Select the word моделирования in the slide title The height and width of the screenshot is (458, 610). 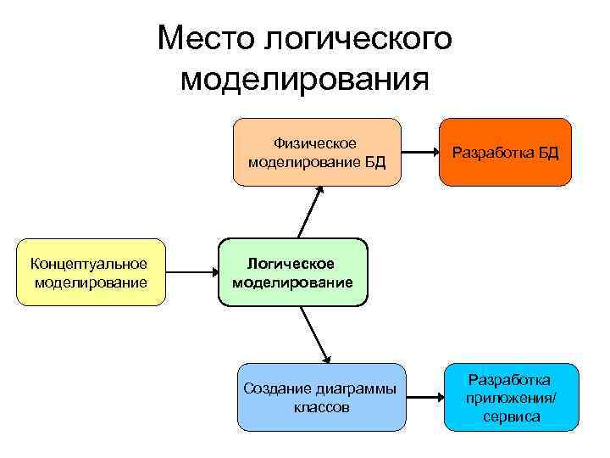click(305, 80)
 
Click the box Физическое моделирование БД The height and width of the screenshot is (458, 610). click(317, 152)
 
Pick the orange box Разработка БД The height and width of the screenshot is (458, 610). click(506, 153)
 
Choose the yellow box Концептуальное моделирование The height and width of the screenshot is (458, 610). click(91, 272)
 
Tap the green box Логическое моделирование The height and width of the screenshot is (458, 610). click(293, 272)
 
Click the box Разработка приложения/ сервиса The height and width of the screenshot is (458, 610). click(512, 398)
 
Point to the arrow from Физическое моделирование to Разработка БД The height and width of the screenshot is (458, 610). click(420, 153)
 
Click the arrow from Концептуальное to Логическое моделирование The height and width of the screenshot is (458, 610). click(192, 272)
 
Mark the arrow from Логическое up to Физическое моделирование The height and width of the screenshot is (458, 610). click(310, 211)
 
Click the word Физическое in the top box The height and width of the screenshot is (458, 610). click(315, 142)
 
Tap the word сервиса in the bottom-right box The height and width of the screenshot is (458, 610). click(512, 416)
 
